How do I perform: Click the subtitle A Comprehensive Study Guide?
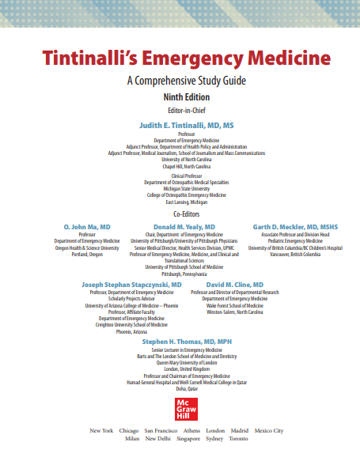(181, 81)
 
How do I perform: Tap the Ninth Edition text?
(181, 96)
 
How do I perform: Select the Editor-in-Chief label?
(181, 110)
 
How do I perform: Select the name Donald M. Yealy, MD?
(183, 227)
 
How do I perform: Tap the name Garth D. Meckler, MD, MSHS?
(295, 227)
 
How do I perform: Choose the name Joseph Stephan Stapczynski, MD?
(131, 284)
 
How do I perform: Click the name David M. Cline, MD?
(235, 284)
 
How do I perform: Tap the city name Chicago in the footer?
(129, 431)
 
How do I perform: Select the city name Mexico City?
(268, 431)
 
